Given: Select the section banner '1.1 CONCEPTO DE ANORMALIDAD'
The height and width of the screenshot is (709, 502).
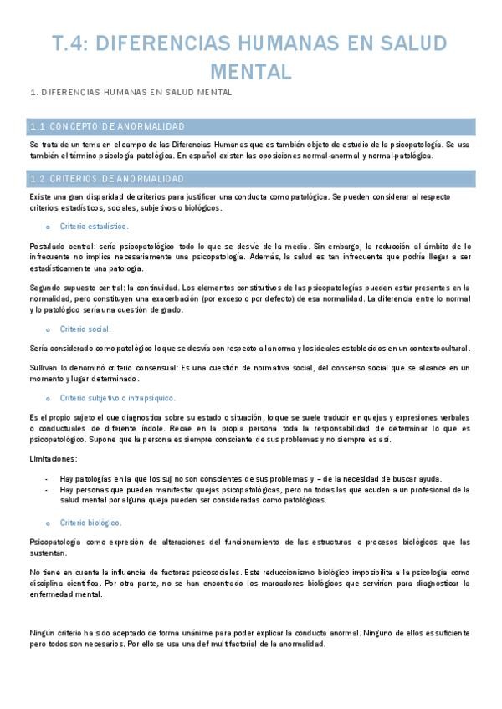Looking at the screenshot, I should click(x=107, y=126).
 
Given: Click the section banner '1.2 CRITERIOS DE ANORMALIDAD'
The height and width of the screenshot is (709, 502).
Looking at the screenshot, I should click(x=107, y=178).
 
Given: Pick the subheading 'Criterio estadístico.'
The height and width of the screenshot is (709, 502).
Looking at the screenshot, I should click(x=95, y=226).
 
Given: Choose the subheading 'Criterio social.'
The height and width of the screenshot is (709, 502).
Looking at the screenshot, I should click(x=85, y=329).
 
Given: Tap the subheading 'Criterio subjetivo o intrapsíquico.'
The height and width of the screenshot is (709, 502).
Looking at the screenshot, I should click(x=117, y=398).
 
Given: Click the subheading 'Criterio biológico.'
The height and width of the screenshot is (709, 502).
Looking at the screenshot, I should click(x=91, y=523).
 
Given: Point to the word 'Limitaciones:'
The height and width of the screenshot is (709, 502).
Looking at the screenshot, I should click(x=53, y=458).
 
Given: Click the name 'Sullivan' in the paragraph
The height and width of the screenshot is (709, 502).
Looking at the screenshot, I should click(x=44, y=368).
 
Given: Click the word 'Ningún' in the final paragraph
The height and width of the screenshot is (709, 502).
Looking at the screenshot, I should click(x=44, y=634).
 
